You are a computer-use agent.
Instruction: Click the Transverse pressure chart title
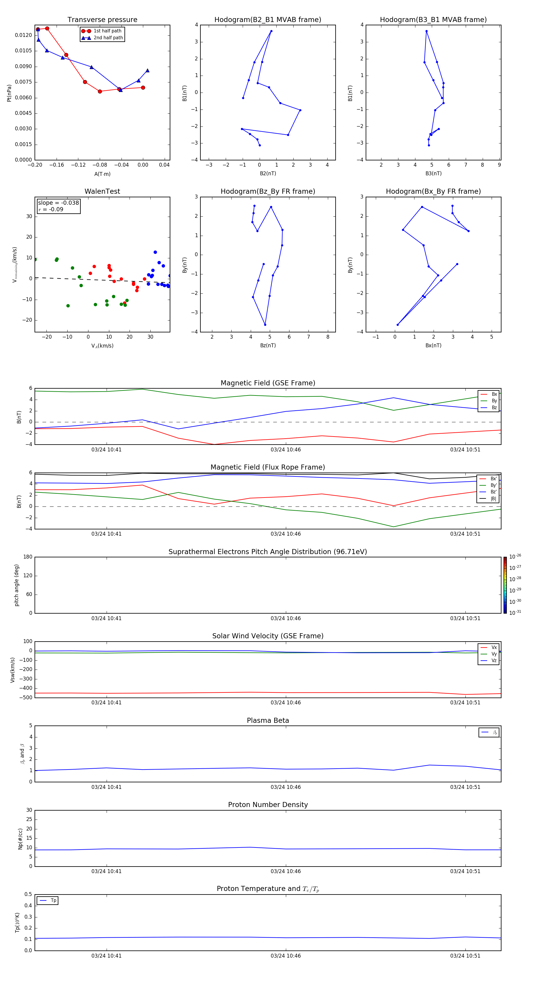(x=102, y=20)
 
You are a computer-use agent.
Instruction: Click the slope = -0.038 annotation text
(x=58, y=203)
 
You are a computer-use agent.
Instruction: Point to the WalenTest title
(x=102, y=191)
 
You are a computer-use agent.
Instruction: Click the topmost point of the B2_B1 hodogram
(x=271, y=31)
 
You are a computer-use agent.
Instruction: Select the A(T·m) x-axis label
(x=102, y=174)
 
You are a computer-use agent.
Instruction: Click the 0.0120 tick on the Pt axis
(x=23, y=35)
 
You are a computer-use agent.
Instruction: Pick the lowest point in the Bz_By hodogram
(x=265, y=325)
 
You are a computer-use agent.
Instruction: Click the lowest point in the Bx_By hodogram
(x=398, y=325)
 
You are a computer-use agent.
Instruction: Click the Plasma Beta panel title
(x=268, y=720)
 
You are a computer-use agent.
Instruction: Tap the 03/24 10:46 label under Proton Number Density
(x=286, y=871)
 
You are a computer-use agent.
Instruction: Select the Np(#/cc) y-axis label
(x=21, y=839)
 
